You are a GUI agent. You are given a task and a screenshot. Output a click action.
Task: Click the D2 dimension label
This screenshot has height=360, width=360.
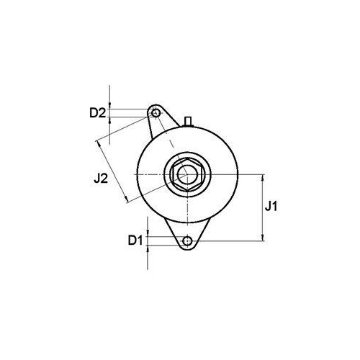97,113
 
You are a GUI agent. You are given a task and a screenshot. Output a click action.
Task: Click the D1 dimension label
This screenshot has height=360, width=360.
135,240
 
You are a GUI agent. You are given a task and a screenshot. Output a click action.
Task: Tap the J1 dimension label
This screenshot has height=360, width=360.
271,207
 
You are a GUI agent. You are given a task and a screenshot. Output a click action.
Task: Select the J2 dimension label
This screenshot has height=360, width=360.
101,179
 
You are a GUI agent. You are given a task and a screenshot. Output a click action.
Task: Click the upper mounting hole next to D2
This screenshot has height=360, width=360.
156,112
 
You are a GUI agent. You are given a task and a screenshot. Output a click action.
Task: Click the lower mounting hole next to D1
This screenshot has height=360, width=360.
187,240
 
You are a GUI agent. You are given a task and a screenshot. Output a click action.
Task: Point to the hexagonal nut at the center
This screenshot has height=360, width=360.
187,174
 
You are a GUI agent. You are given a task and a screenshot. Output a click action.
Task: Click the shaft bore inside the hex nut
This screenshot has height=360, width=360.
187,174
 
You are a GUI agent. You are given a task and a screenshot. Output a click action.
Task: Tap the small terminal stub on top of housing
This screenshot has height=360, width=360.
188,121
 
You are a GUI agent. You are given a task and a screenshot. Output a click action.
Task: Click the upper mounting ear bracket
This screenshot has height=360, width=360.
161,120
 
